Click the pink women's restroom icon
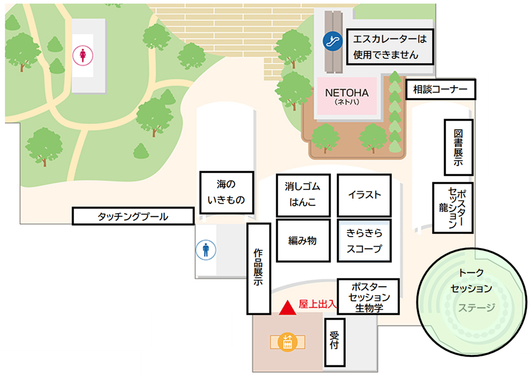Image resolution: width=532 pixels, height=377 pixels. coord(82,55)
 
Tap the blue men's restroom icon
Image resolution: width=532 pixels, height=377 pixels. coord(206,250)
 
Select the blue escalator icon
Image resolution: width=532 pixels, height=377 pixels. coord(333,39)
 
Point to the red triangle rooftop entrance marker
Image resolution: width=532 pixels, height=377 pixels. coord(288,307)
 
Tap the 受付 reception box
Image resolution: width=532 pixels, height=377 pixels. coord(335,341)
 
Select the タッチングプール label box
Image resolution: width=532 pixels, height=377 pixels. coord(133,216)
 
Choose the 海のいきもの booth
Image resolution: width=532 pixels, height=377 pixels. coord(226,192)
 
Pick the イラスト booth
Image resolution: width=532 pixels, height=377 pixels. coord(364,195)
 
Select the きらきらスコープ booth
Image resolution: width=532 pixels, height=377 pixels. coord(364,240)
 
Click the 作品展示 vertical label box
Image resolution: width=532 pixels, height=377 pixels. coord(259,268)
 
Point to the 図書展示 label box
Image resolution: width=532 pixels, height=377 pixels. coord(458,147)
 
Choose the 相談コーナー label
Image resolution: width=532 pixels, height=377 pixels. coord(441,90)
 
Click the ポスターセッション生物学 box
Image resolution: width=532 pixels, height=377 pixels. coord(367,297)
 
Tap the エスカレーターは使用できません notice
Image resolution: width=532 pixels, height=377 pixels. coord(390,46)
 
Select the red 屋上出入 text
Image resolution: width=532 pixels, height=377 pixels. coord(317,303)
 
